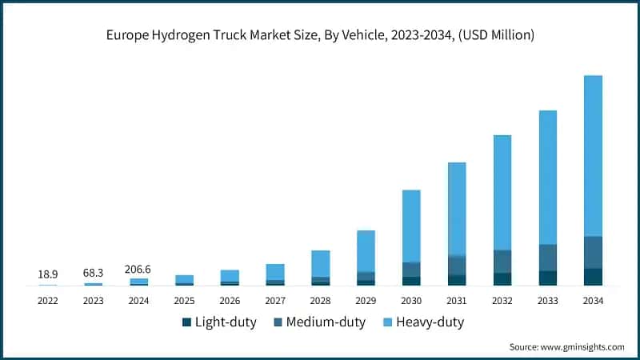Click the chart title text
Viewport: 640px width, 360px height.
click(x=320, y=35)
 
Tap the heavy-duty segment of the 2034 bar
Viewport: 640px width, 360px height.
click(x=593, y=156)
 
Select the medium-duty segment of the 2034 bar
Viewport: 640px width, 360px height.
click(x=593, y=253)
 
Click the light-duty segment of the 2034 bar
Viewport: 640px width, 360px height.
click(x=593, y=277)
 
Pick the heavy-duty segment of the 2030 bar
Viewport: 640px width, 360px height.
click(x=411, y=226)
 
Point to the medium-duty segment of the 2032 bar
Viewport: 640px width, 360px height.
click(x=502, y=262)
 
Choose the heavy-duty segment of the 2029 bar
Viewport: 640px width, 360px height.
click(x=366, y=250)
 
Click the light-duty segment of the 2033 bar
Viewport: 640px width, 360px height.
click(x=547, y=278)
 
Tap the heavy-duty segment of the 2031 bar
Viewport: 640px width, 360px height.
click(x=457, y=209)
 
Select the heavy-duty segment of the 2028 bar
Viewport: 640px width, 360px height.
click(x=320, y=263)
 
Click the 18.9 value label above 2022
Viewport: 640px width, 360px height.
click(x=48, y=274)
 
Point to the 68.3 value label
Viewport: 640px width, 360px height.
click(x=94, y=274)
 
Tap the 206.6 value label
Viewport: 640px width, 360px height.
click(x=139, y=270)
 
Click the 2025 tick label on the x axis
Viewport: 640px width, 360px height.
click(x=184, y=301)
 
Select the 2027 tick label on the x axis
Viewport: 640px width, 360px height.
click(x=275, y=301)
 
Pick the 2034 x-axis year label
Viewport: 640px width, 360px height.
click(x=593, y=301)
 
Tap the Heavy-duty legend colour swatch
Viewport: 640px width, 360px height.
click(x=387, y=322)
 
